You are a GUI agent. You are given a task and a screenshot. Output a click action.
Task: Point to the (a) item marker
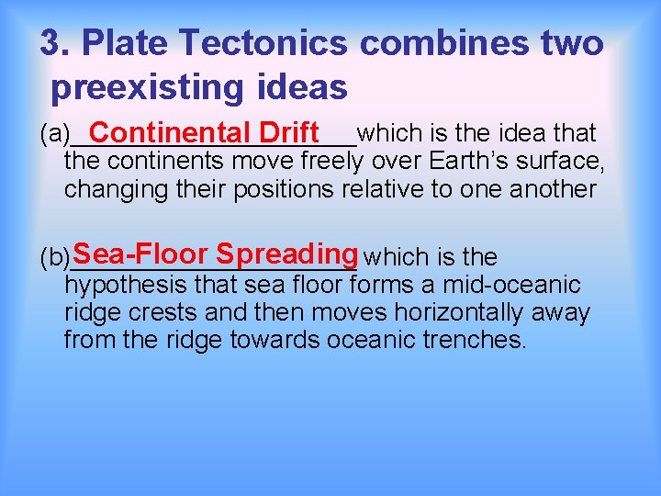coord(53,134)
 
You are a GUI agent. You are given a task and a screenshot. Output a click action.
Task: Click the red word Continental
coord(172,132)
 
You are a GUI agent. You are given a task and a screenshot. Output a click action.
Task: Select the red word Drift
coord(288,132)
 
